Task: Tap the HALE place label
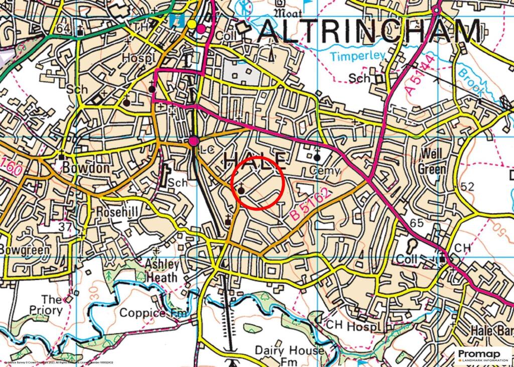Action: [255, 160]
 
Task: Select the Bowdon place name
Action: [86, 168]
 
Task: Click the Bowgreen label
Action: [25, 250]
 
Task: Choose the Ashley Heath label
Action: [161, 271]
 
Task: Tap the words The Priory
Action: [52, 305]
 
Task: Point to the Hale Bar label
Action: [492, 331]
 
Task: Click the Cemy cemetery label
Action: [325, 171]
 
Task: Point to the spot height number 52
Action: [467, 187]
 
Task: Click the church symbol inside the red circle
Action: [241, 189]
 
